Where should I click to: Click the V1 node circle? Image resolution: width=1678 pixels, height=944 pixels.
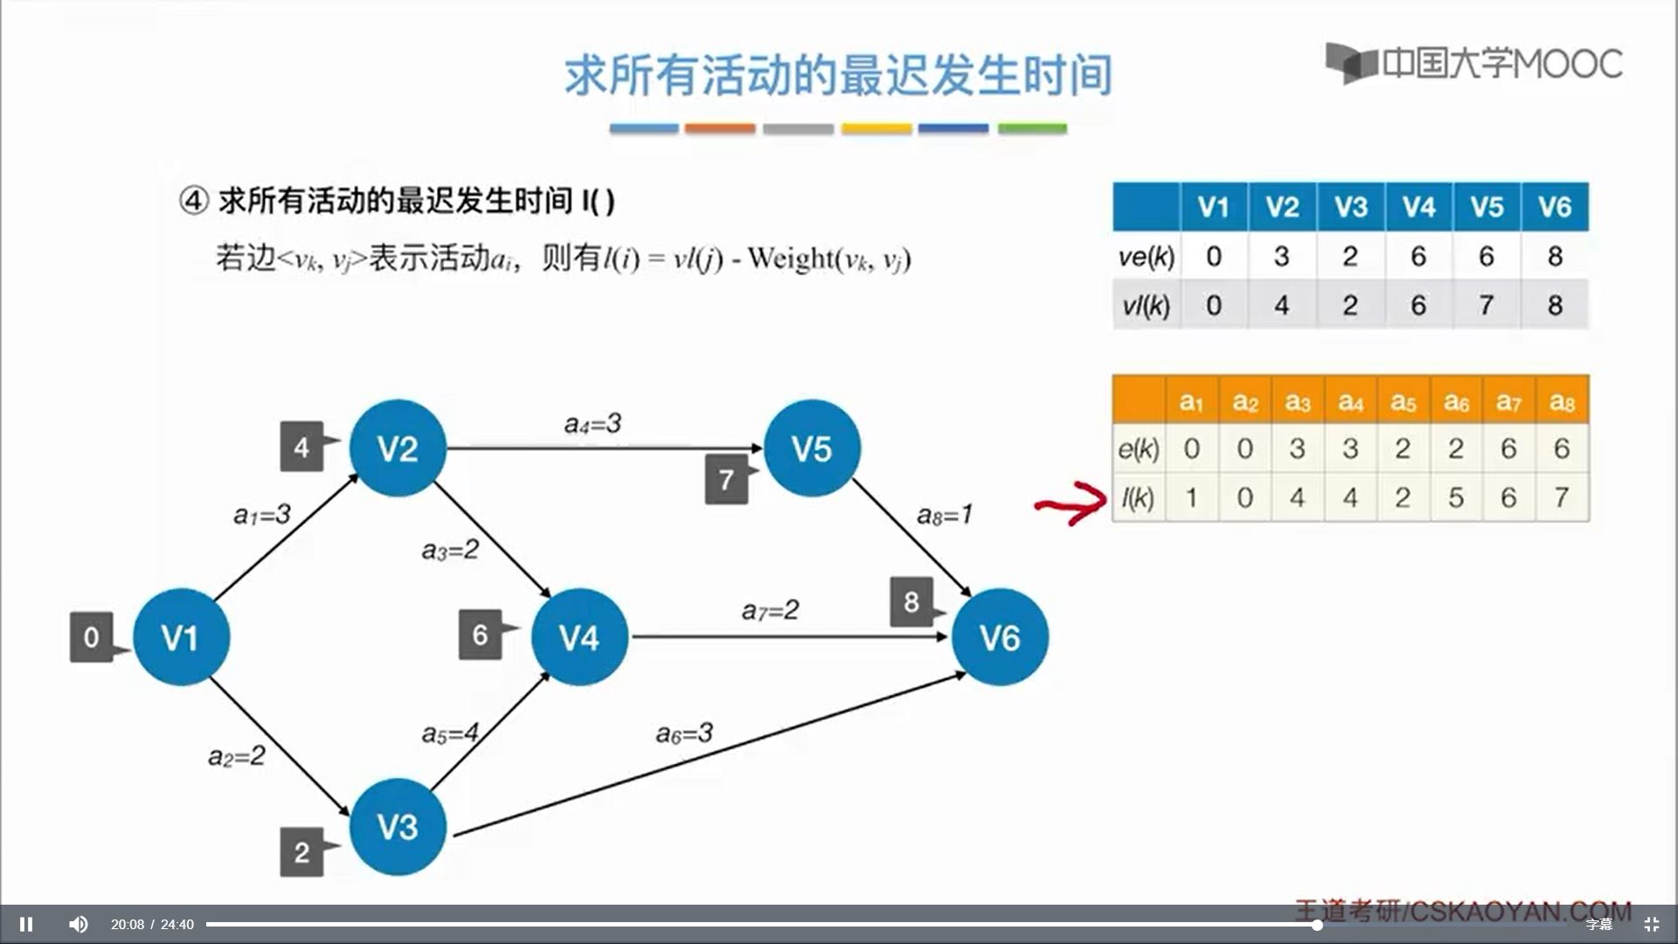point(181,637)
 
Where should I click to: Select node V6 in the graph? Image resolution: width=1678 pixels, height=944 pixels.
point(1000,637)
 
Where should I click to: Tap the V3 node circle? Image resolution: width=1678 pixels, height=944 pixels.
point(398,827)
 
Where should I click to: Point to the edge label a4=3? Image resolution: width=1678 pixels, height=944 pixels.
point(593,424)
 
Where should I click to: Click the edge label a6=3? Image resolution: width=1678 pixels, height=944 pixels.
point(684,732)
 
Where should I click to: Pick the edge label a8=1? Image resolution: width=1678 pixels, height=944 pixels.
point(944,515)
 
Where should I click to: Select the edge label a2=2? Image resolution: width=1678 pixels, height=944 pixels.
point(236,756)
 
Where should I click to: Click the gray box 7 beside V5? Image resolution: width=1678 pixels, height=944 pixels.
point(727,479)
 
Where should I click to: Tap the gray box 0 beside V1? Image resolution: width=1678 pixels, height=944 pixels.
point(92,637)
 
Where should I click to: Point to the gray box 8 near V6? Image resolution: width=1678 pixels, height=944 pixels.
point(912,601)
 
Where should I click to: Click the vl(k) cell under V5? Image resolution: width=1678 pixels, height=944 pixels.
point(1487,305)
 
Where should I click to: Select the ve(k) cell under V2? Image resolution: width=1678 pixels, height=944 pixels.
point(1281,256)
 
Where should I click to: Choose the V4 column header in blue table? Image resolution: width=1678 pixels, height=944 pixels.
point(1418,207)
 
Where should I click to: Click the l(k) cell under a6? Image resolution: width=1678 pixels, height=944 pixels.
point(1456,497)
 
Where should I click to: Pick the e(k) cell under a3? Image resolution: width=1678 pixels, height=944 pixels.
point(1298,448)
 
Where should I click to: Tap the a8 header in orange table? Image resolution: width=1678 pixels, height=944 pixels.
point(1562,401)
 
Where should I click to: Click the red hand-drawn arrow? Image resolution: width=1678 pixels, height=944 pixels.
point(1071,503)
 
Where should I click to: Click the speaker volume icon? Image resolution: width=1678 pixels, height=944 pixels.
point(78,924)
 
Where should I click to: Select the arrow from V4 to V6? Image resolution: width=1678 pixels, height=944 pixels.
point(787,636)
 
